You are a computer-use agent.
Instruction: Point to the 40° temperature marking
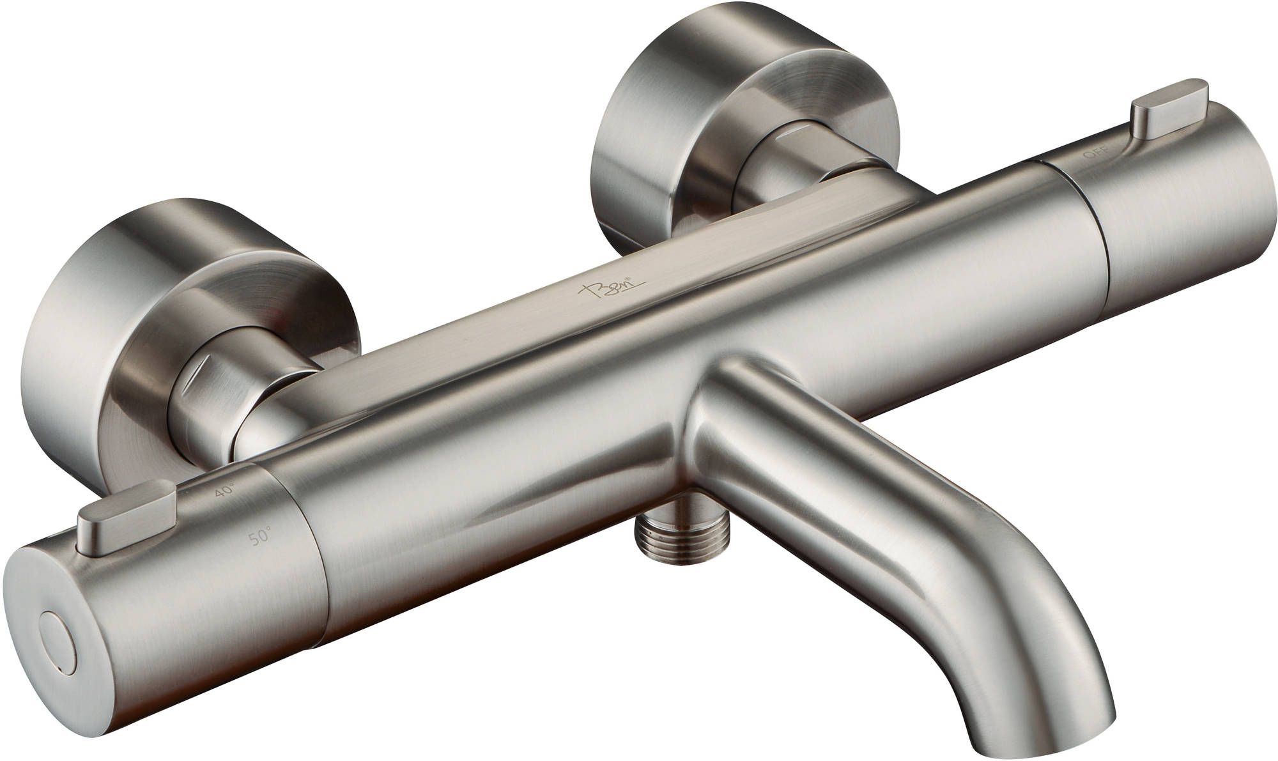pyautogui.click(x=224, y=490)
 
